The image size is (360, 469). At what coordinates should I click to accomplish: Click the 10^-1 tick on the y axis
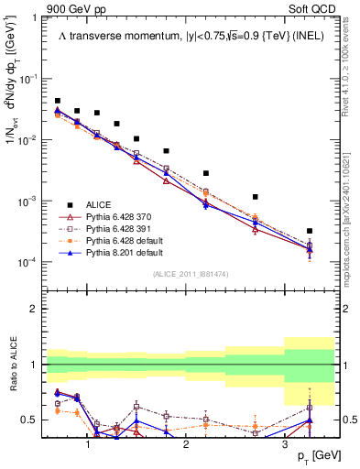click(x=28, y=79)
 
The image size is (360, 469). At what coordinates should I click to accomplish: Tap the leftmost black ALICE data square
click(x=58, y=101)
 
